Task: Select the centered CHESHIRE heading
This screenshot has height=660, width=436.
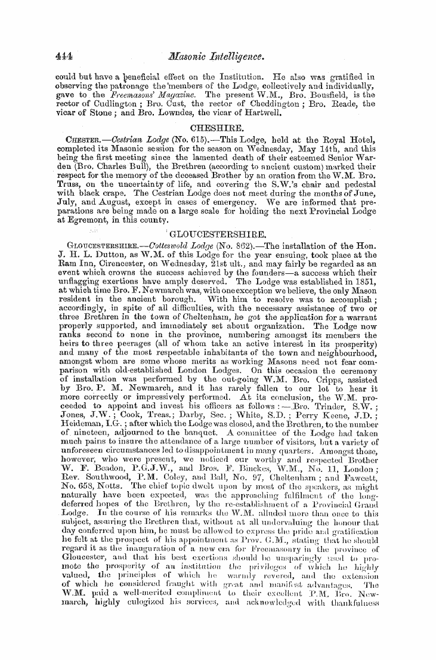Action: pyautogui.click(x=217, y=128)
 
